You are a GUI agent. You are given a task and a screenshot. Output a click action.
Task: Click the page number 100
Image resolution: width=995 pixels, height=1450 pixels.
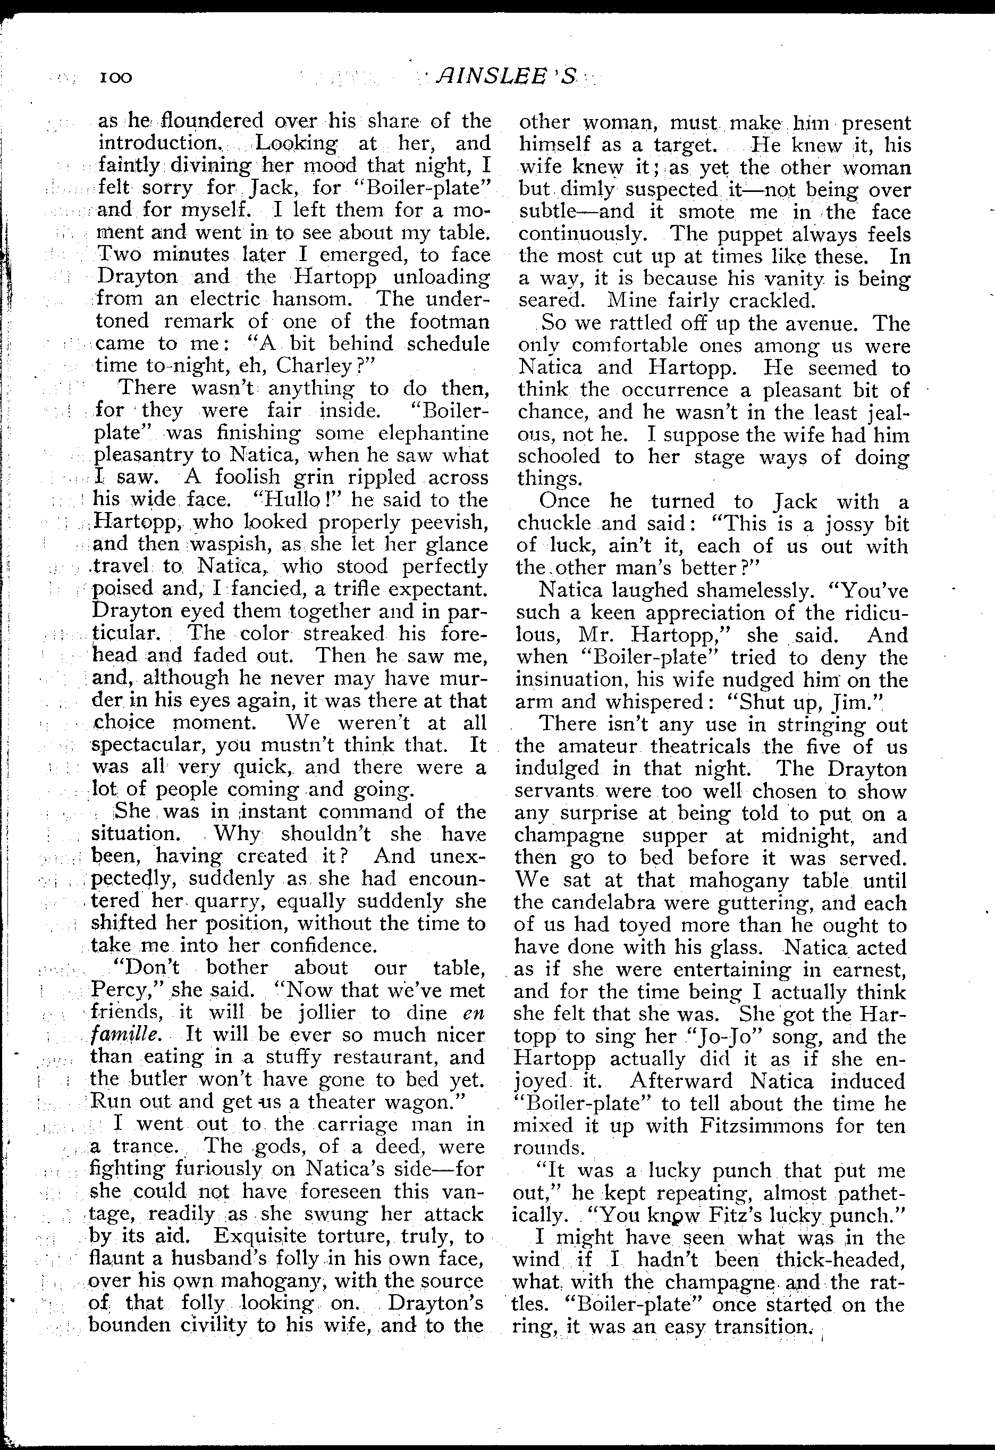pyautogui.click(x=115, y=78)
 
